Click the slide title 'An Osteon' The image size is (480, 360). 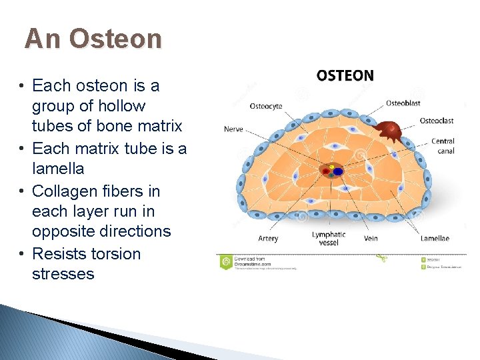pyautogui.click(x=93, y=39)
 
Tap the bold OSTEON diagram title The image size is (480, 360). pyautogui.click(x=345, y=75)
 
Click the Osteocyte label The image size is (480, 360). pyautogui.click(x=265, y=105)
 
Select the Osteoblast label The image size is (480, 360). pyautogui.click(x=403, y=103)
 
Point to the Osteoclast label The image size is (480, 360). pyautogui.click(x=437, y=121)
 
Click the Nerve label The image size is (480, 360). pyautogui.click(x=233, y=129)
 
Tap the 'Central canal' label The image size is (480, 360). pyautogui.click(x=443, y=145)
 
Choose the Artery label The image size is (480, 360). pyautogui.click(x=268, y=238)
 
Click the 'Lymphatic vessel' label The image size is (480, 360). pyautogui.click(x=329, y=238)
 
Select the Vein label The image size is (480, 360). pyautogui.click(x=371, y=238)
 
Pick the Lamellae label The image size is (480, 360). pyautogui.click(x=435, y=238)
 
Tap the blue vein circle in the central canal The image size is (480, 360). pyautogui.click(x=338, y=171)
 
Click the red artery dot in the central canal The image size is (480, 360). pyautogui.click(x=326, y=171)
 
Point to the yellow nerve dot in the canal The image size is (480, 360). pyautogui.click(x=331, y=165)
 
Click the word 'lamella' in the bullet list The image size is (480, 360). pyautogui.click(x=59, y=169)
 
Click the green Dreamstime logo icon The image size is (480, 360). pyautogui.click(x=227, y=261)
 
